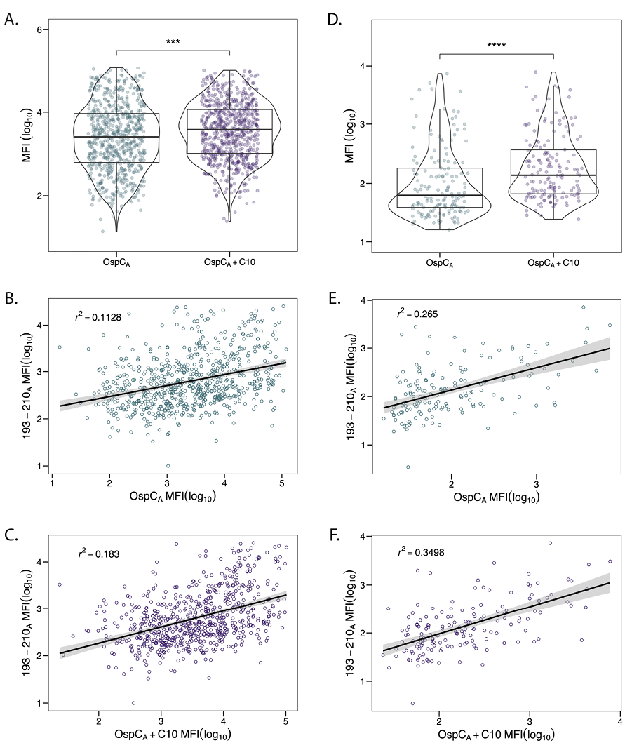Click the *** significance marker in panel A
pos(173,41)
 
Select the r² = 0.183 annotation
pos(98,554)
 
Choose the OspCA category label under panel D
pos(439,262)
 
